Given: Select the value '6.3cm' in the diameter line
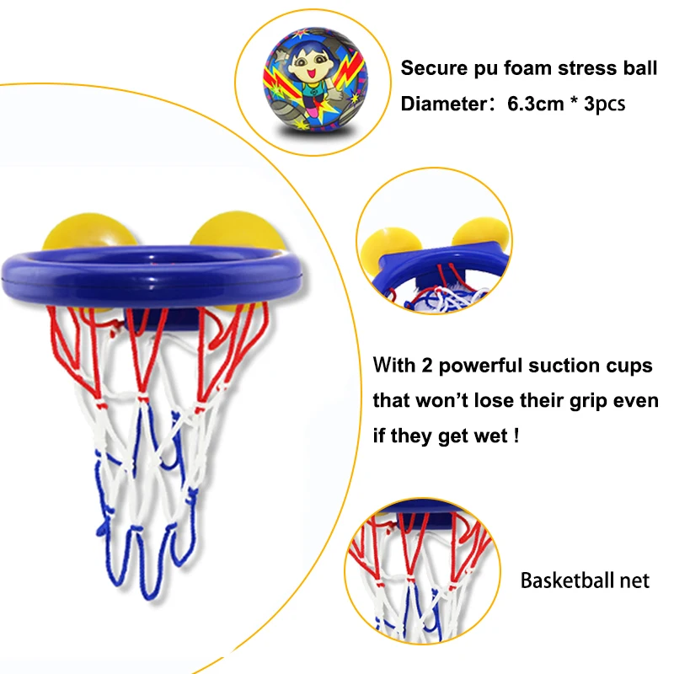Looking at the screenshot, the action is click(x=536, y=104).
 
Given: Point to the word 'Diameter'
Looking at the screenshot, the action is click(x=440, y=104).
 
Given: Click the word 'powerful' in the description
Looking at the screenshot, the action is click(x=480, y=366).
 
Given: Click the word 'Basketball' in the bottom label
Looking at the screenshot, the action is click(x=565, y=580).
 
